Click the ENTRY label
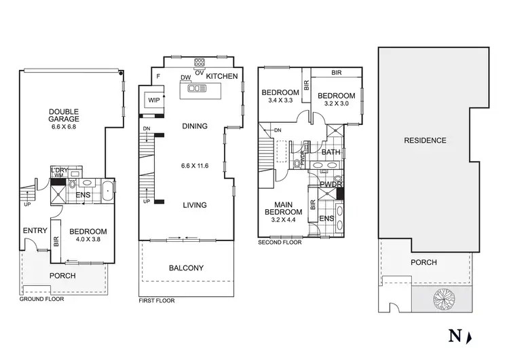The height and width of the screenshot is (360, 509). point(35,231)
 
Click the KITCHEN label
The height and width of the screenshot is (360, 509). point(222,77)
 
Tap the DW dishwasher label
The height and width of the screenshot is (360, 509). point(185,77)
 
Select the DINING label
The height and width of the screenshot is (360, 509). point(193,126)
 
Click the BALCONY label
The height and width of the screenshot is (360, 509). point(186,268)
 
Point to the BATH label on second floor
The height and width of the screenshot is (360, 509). point(331,152)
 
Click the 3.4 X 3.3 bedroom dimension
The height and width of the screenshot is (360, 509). point(280,101)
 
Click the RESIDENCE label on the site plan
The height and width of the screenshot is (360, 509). point(425,141)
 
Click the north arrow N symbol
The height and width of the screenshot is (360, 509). point(455,336)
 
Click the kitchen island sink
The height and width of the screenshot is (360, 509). point(197,88)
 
